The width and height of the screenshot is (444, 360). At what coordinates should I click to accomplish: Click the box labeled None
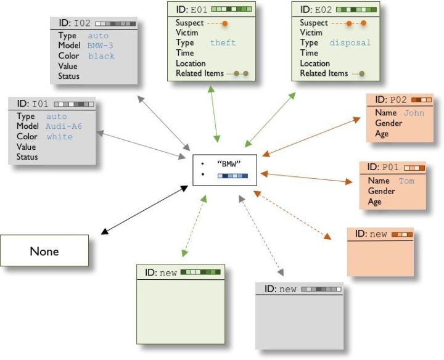44,251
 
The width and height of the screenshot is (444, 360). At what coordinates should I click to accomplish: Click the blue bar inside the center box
232,176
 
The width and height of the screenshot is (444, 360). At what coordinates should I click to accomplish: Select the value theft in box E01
223,43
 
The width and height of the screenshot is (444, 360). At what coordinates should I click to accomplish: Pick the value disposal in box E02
350,43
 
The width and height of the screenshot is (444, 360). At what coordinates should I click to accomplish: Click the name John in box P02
414,113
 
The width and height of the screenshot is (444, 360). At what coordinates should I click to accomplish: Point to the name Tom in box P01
406,181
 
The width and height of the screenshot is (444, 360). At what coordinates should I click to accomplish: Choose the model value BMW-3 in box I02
100,46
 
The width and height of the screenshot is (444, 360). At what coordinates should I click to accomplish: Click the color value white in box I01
59,137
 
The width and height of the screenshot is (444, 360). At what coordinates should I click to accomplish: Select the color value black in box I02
101,56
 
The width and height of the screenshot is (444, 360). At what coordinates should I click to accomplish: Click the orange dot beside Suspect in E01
224,23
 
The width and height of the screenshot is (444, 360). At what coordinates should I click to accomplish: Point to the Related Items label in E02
324,73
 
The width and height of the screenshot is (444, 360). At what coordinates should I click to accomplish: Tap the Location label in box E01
191,63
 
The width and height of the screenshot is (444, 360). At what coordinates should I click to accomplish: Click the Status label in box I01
28,157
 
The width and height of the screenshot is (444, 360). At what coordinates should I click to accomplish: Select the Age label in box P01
374,202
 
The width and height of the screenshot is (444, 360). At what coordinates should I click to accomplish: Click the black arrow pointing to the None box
144,208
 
